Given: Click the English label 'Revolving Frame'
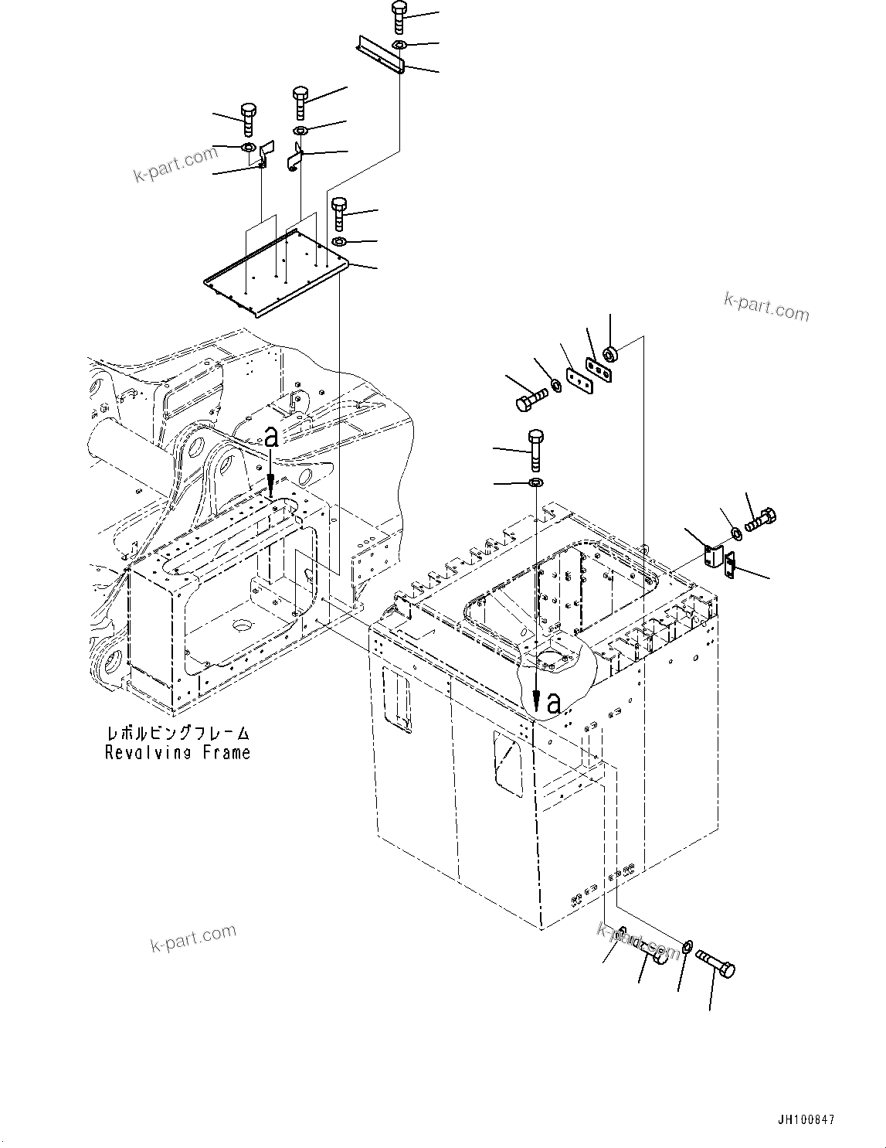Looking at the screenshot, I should pos(178,752).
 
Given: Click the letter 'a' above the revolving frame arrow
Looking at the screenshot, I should pos(270,438).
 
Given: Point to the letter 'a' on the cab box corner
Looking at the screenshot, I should pos(553,703).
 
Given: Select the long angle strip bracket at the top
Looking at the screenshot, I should pos(380,56).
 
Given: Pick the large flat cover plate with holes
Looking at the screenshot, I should pos(278,275).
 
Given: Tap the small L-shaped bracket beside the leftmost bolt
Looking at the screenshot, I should pos(266,153).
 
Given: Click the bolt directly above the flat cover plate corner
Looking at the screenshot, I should pos(339,214).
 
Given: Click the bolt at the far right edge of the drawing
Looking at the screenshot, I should pos(761,519).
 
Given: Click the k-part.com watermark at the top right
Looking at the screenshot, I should pos(766,307).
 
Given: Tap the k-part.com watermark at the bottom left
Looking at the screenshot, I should pos(193,938).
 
